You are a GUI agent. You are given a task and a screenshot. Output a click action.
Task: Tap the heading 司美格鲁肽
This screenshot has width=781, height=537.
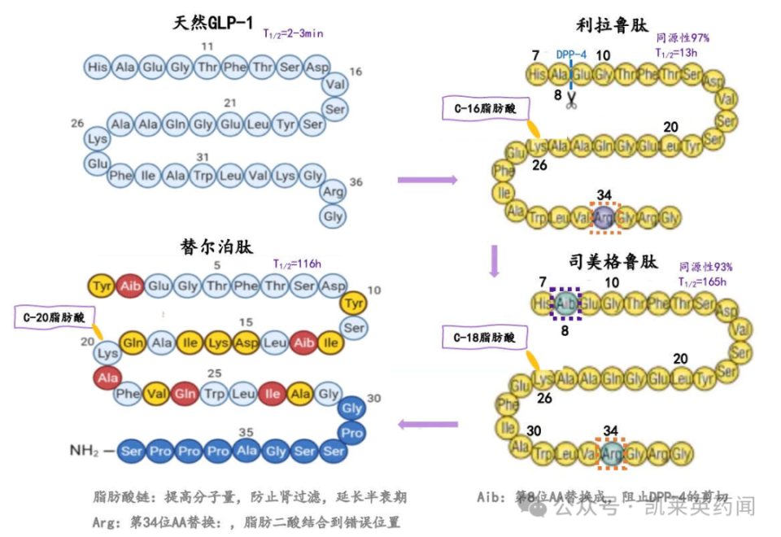tap(613, 262)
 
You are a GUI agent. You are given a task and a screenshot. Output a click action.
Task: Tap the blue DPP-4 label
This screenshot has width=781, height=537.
tap(571, 55)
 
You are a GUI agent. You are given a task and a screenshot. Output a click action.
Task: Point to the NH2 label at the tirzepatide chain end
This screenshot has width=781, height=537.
tap(87, 448)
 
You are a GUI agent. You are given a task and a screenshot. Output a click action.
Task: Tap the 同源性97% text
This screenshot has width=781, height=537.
tap(683, 37)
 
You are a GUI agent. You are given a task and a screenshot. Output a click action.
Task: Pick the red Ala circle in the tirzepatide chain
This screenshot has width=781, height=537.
tap(107, 378)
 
